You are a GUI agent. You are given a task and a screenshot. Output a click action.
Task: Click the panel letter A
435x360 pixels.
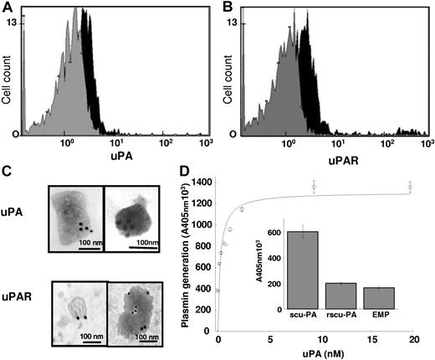point(8,8)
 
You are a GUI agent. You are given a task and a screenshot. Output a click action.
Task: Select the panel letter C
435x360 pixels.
point(8,169)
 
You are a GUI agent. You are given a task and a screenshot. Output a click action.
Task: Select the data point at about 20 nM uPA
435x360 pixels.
point(411,188)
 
